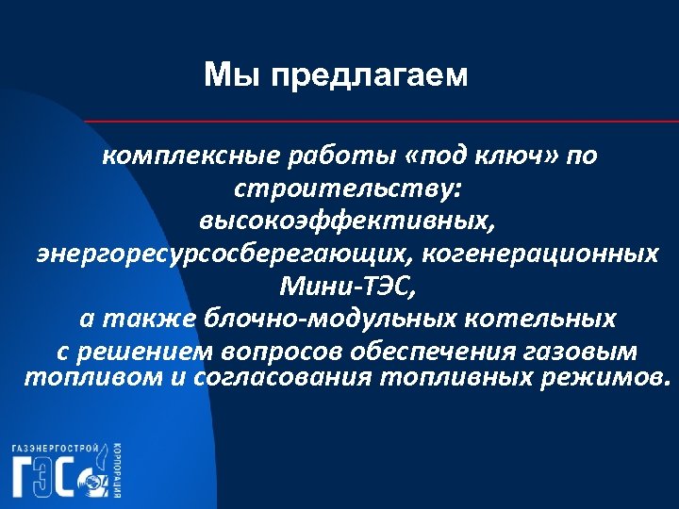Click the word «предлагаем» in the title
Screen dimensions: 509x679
point(369,74)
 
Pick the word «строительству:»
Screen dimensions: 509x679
point(348,189)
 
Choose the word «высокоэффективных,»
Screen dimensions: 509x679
point(345,221)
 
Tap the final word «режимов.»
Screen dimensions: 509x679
point(608,378)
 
